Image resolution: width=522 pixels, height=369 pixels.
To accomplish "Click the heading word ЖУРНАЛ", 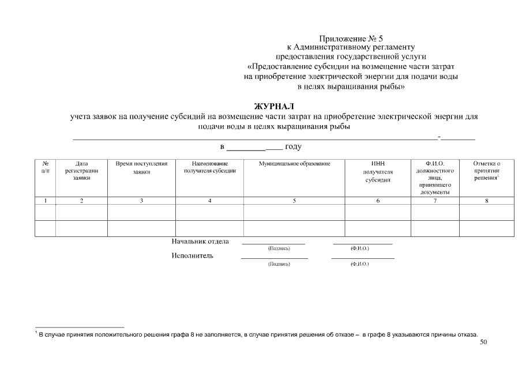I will pyautogui.click(x=274, y=107).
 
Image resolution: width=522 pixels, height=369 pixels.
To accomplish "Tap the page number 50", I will pyautogui.click(x=483, y=342).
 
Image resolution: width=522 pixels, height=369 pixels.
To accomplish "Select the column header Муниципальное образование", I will pyautogui.click(x=294, y=164).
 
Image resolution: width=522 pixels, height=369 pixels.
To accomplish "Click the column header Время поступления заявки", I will pyautogui.click(x=141, y=168).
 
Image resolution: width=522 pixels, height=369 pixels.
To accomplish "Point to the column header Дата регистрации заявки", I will pyautogui.click(x=81, y=171).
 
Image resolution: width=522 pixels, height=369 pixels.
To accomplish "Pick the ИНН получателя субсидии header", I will pyautogui.click(x=378, y=172).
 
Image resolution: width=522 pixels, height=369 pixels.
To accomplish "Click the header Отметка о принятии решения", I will pyautogui.click(x=486, y=171).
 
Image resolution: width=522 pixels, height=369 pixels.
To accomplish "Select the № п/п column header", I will pyautogui.click(x=45, y=168).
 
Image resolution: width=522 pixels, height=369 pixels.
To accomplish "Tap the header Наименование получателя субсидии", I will pyautogui.click(x=209, y=168).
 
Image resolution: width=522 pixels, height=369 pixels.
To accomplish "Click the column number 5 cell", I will pyautogui.click(x=294, y=201).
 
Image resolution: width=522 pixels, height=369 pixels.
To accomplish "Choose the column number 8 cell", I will pyautogui.click(x=486, y=201).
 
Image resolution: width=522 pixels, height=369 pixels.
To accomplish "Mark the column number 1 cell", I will pyautogui.click(x=45, y=201).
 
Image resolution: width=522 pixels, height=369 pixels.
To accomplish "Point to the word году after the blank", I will pyautogui.click(x=294, y=147).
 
